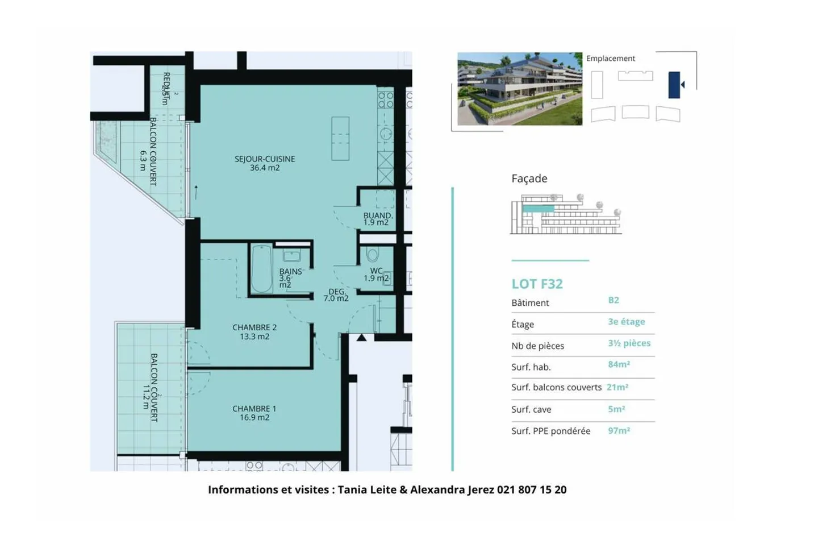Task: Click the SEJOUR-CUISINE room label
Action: [265, 163]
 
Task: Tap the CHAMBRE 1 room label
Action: [254, 413]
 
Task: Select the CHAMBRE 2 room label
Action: [254, 332]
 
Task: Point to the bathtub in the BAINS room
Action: [261, 269]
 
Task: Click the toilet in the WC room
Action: [373, 254]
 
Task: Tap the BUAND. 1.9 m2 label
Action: [377, 219]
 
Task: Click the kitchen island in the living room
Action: [340, 139]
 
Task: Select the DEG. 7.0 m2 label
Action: [336, 295]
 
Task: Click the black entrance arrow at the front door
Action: [361, 338]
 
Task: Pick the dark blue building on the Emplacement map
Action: [674, 85]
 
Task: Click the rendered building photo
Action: [519, 89]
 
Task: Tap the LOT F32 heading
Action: [537, 284]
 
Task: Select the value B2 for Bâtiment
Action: [613, 300]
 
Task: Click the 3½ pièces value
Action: [629, 343]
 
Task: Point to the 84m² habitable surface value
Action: [619, 364]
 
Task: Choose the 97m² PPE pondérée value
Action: [619, 431]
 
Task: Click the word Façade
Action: [529, 178]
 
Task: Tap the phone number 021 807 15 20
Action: [531, 489]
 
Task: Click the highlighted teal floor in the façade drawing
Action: [538, 209]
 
